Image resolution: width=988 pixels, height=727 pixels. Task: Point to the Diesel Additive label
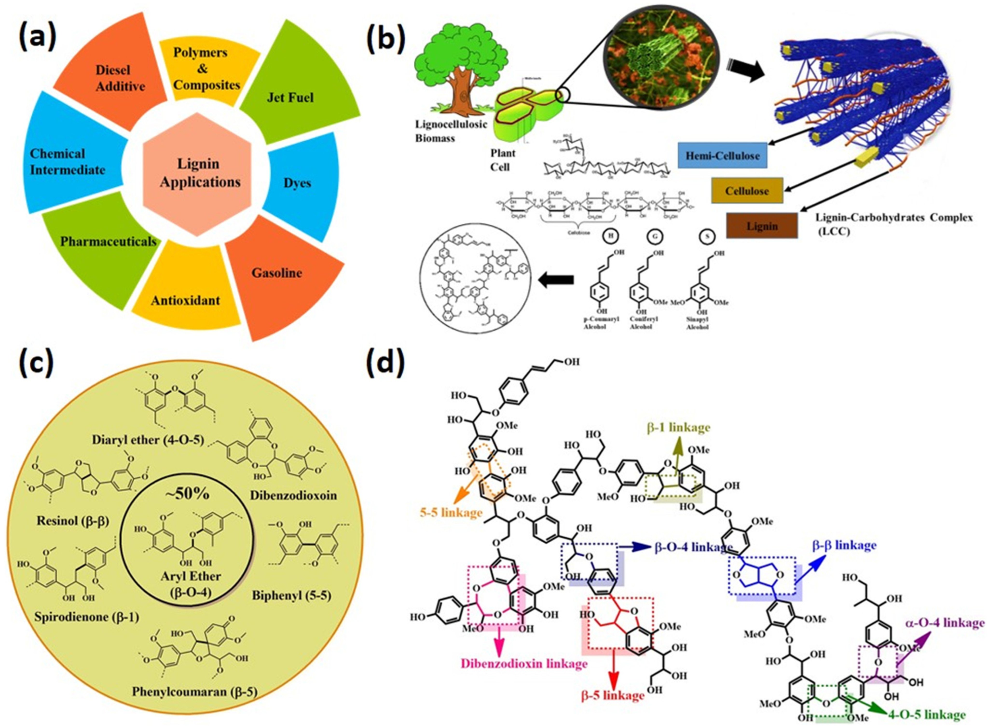click(x=120, y=78)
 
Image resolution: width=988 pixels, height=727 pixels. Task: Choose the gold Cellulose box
click(x=747, y=191)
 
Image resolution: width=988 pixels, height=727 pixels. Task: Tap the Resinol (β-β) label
click(x=73, y=521)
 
